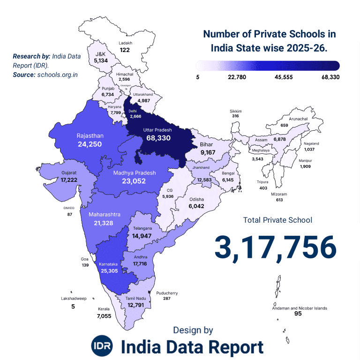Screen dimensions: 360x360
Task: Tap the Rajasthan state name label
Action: (x=90, y=136)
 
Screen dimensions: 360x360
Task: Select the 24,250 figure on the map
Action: (x=90, y=144)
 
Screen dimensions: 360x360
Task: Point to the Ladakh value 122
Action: (x=125, y=50)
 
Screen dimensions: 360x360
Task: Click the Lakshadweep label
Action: (x=73, y=298)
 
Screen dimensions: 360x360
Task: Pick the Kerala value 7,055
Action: (x=104, y=316)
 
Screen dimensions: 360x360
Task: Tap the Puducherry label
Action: (x=167, y=293)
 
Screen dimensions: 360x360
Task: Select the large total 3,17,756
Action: (x=276, y=247)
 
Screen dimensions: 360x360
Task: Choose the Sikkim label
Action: (x=235, y=111)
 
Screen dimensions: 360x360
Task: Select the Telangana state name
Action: (x=142, y=228)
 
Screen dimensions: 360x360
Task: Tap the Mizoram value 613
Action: (x=280, y=200)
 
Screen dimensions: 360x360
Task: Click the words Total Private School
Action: (x=277, y=220)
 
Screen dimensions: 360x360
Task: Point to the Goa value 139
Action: (x=85, y=265)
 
